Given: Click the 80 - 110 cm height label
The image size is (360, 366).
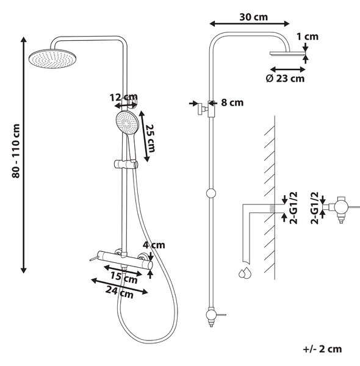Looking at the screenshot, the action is (16, 151).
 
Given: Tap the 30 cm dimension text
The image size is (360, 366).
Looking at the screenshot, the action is (254, 17).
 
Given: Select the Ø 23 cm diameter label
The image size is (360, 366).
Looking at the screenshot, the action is (285, 79).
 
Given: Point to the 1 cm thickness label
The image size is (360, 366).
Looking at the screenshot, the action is (308, 37).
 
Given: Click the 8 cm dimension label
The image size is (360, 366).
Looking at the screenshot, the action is (232, 102).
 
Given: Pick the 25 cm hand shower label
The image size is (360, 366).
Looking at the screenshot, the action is (150, 138).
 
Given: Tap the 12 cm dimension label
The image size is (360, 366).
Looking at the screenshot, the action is (124, 97).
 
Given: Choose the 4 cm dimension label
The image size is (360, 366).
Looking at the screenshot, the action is (154, 245).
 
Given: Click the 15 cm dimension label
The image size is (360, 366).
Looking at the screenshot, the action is (124, 278).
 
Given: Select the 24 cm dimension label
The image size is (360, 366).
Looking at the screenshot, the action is (120, 292).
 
